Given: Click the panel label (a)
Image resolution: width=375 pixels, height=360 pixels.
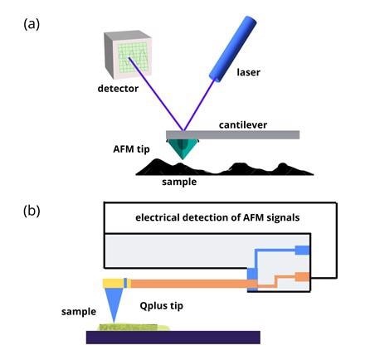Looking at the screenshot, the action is (x=32, y=24).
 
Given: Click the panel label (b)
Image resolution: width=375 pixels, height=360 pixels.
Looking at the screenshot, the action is (x=32, y=212).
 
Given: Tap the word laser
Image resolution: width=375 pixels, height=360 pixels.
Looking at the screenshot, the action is (x=248, y=72).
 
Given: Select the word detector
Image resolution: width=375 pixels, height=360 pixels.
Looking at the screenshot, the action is (x=118, y=89).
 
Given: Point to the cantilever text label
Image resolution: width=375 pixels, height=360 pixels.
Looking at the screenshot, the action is (x=243, y=125).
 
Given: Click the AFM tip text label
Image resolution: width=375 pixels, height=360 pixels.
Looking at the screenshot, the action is (x=131, y=149).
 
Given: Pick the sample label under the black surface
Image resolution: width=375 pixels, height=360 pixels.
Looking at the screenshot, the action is (x=179, y=182).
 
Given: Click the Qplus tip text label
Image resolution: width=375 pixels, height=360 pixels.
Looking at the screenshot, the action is (x=161, y=306).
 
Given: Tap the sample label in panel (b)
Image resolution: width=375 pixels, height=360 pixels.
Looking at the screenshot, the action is (x=79, y=312).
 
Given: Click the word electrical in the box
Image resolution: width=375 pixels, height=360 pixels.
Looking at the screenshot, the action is (x=158, y=217).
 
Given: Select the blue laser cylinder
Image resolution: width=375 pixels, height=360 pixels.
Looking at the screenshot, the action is (x=233, y=49).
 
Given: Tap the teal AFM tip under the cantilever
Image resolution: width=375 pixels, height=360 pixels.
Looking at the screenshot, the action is (x=183, y=148).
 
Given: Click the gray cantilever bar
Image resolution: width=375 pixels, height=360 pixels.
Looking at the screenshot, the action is (x=232, y=134).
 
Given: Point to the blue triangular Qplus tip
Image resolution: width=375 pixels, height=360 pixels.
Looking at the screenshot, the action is (x=114, y=304).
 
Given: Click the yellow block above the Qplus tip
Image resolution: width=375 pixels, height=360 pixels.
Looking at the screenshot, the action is (x=114, y=284).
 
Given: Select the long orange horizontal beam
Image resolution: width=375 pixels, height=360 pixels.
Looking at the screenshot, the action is (x=191, y=284).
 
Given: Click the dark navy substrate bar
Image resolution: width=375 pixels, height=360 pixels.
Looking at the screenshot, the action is (x=173, y=338).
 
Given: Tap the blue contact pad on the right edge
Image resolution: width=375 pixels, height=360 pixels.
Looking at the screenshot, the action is (x=302, y=250).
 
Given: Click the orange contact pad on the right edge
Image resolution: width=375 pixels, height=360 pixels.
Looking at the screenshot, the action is (x=302, y=277).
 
